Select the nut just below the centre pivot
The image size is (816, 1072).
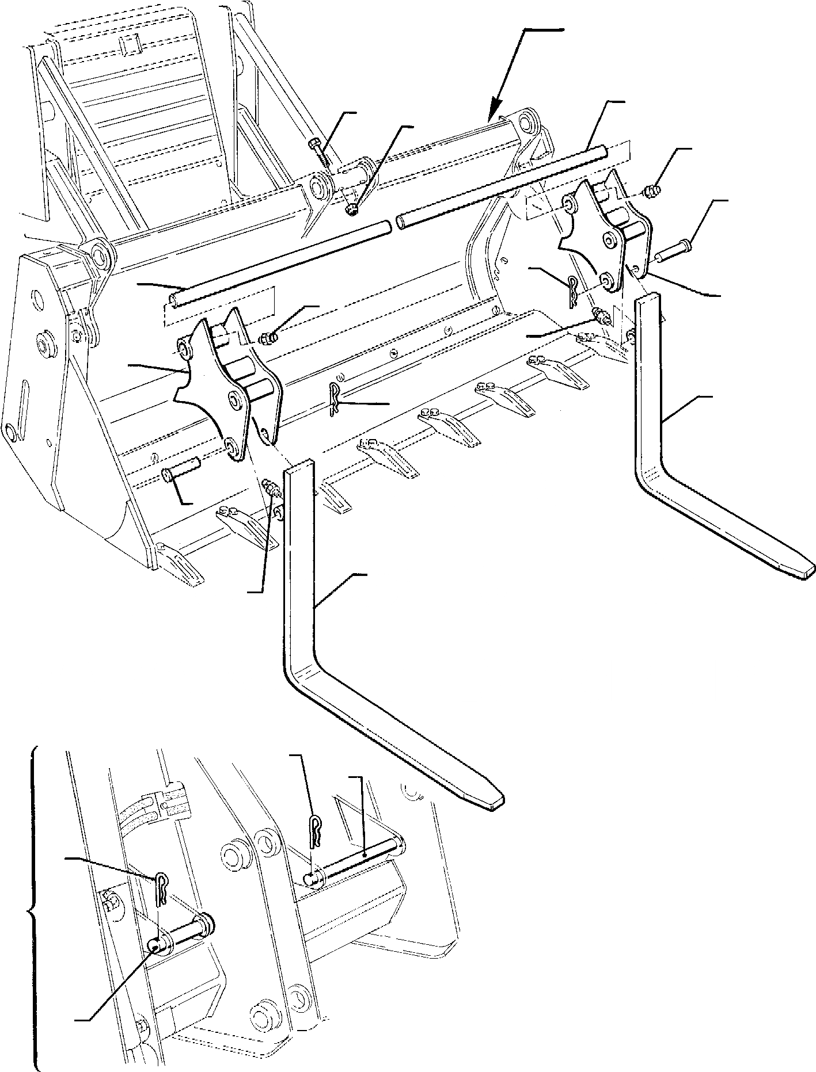(x=352, y=211)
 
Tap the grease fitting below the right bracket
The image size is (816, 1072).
(x=601, y=316)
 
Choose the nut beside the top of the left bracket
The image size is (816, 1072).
(x=268, y=338)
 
